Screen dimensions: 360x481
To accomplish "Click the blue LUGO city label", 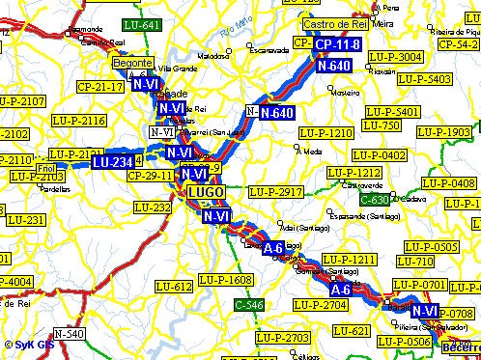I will [x=206, y=192].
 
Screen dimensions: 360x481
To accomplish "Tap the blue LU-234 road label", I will [x=112, y=162].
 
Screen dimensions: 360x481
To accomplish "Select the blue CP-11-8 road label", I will [x=337, y=45].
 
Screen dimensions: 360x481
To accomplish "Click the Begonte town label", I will [x=131, y=63].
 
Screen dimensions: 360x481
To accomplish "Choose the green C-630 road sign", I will [x=374, y=200].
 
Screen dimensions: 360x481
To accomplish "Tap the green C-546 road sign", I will [x=249, y=305].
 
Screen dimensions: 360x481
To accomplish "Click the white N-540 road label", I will [x=69, y=334].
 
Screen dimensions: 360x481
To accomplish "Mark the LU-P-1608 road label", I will [x=225, y=280].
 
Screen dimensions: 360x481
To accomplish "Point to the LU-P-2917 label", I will [x=275, y=193].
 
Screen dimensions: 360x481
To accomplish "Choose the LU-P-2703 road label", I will [x=282, y=338].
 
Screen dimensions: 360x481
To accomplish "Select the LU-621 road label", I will [x=354, y=331].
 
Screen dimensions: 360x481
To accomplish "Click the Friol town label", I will [x=46, y=170].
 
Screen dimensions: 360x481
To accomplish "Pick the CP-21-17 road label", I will [x=99, y=87].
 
